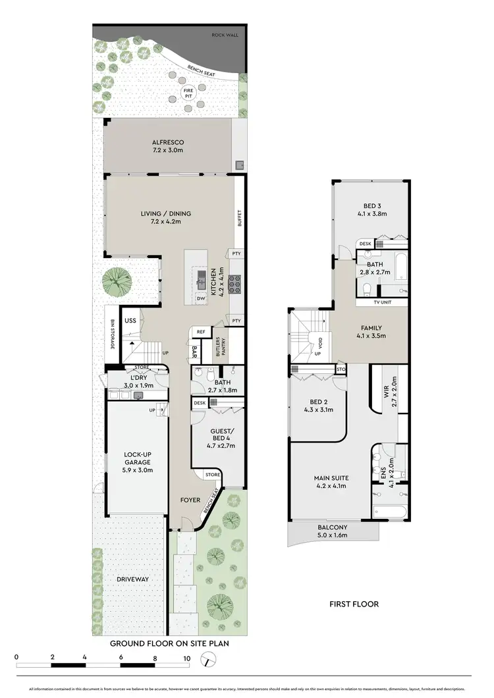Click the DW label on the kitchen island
(x=201, y=298)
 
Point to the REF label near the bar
(x=200, y=333)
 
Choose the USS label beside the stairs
(x=130, y=321)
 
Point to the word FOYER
(x=190, y=500)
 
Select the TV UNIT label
(x=382, y=304)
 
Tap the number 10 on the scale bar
(x=187, y=658)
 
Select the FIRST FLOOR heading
(x=355, y=603)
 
